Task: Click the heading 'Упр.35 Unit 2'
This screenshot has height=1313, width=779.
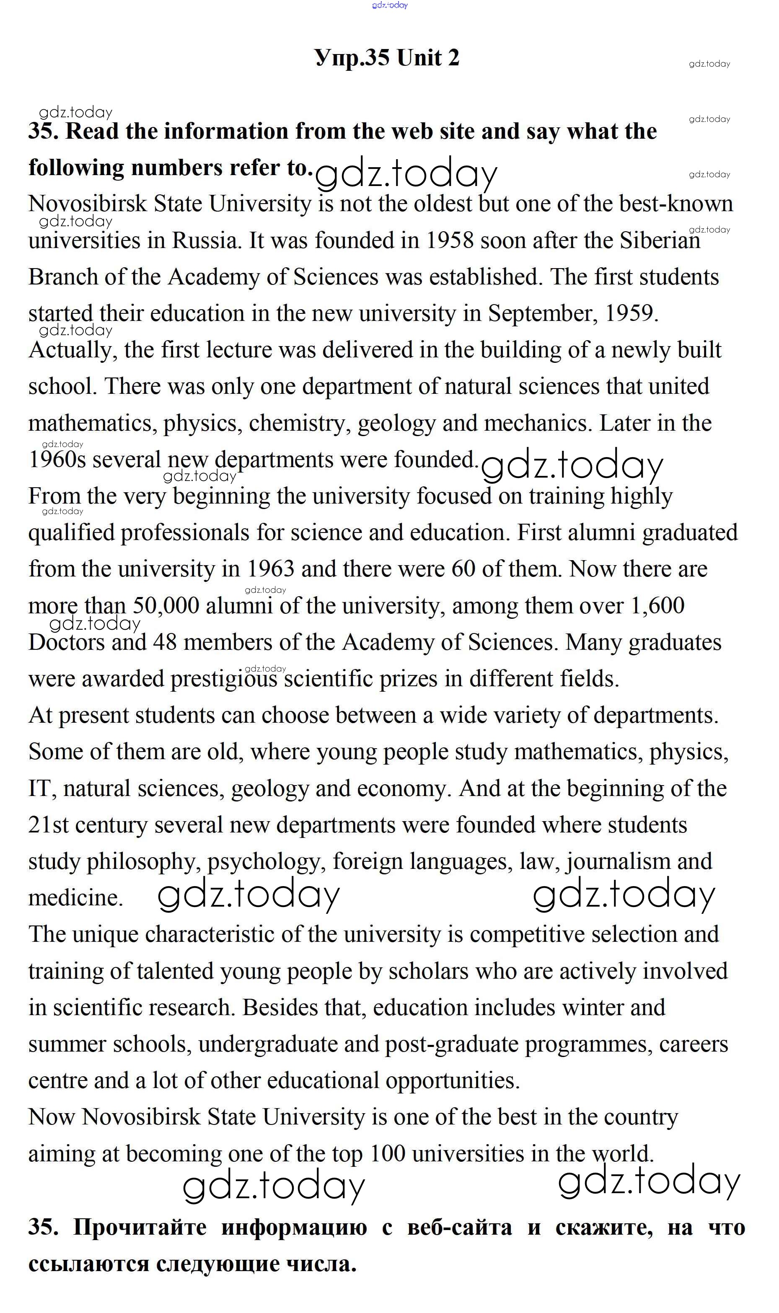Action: [x=387, y=57]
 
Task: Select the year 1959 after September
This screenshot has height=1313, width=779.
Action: [x=629, y=314]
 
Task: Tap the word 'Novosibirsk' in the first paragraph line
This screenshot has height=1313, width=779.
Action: [x=88, y=204]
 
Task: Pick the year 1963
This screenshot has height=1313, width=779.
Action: [x=270, y=569]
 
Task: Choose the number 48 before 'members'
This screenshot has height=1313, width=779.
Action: [x=165, y=643]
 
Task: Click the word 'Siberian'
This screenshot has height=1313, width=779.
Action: [x=660, y=241]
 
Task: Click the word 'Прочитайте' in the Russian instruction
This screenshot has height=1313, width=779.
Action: [x=140, y=1228]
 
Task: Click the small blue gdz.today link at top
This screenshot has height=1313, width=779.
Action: [x=390, y=5]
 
